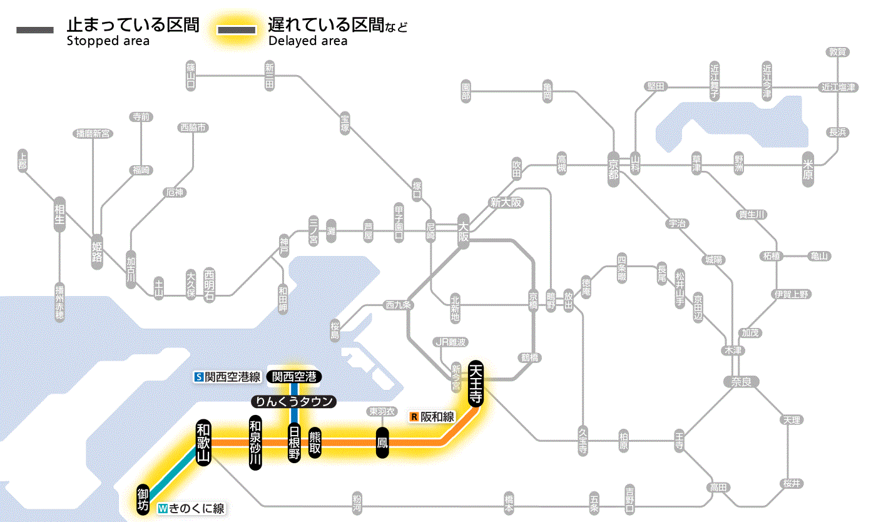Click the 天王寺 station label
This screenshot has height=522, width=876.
[476, 384]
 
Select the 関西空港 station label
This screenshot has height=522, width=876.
[294, 377]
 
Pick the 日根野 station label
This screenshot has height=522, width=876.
[294, 443]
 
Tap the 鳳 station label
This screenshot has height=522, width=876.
[382, 443]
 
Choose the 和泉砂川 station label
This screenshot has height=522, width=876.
[255, 443]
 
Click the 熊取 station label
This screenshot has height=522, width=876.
[315, 443]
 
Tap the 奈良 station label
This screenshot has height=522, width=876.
[741, 381]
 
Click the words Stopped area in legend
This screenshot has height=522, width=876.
[108, 41]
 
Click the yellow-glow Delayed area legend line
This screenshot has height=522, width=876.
[236, 30]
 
